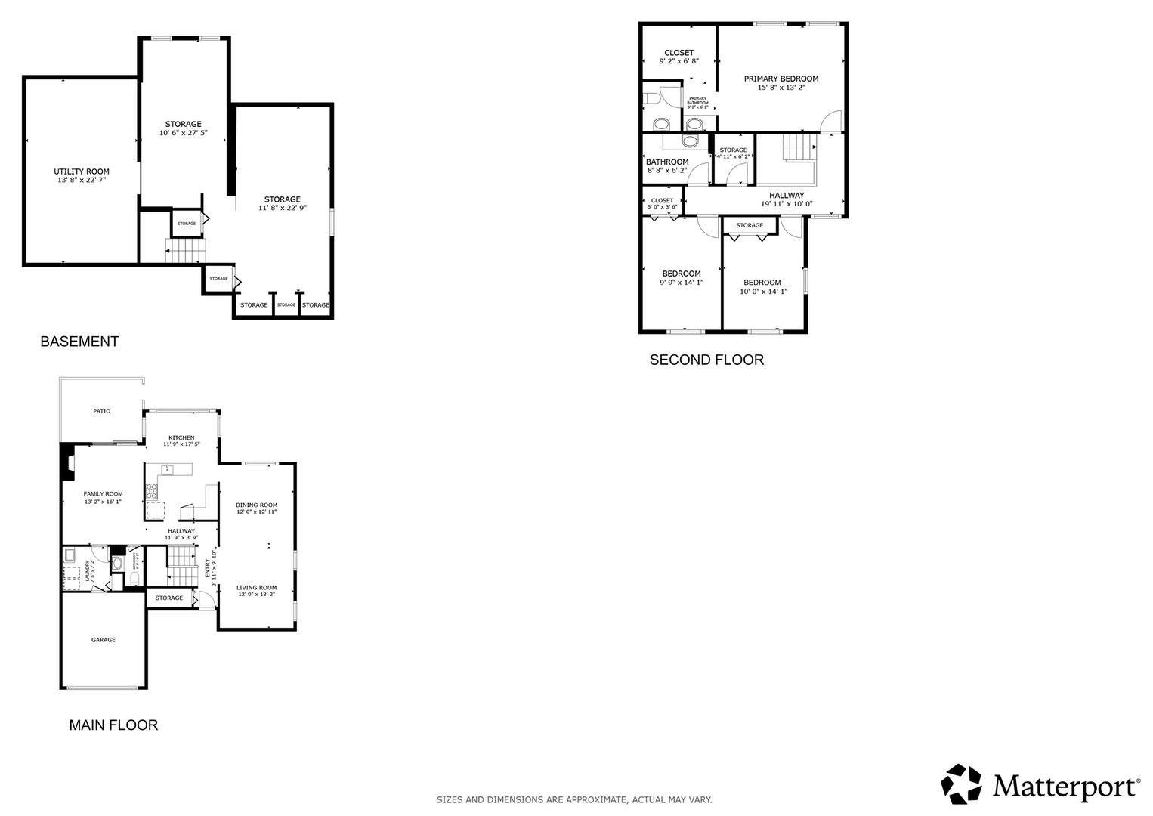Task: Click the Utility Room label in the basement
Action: coord(82,172)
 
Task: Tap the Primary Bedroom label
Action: coord(781,79)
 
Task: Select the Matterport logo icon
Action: coord(961,784)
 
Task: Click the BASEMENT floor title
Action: coord(79,342)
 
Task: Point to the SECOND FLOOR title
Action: coord(706,360)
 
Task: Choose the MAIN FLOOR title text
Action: coord(113,725)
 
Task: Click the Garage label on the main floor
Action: coord(104,640)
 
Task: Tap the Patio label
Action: coord(101,411)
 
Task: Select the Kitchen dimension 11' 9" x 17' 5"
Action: coord(181,444)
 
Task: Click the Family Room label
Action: coord(103,494)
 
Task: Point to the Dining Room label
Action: coord(256,505)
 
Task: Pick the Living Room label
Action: coord(256,587)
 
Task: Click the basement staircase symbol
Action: coord(185,249)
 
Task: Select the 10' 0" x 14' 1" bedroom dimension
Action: coord(763,292)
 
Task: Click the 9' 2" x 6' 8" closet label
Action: coord(679,61)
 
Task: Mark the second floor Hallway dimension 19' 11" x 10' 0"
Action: coord(787,204)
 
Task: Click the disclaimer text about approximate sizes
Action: coord(574,799)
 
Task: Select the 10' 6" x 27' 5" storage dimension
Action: coord(183,133)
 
